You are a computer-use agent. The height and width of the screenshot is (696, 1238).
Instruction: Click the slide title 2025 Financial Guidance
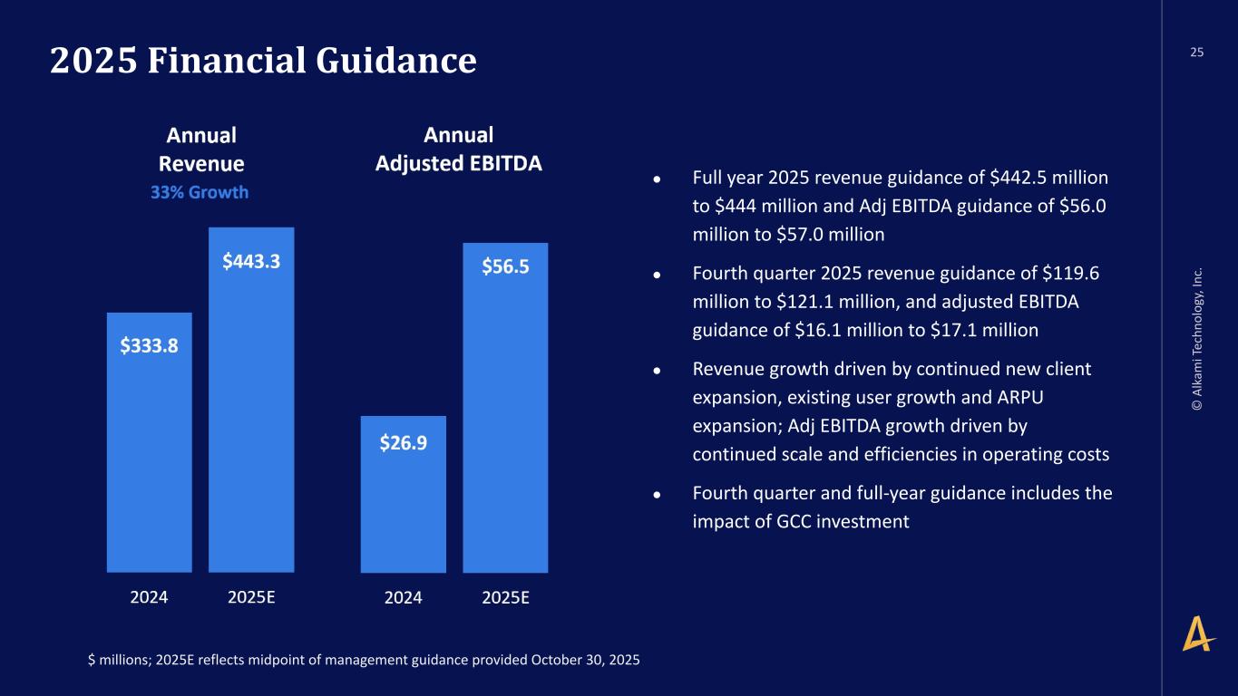point(263,61)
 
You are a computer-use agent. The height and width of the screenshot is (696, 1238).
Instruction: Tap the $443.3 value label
point(251,261)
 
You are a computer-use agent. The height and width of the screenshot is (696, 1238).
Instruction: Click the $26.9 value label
point(404,443)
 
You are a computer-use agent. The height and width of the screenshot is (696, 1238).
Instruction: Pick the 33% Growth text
point(200,192)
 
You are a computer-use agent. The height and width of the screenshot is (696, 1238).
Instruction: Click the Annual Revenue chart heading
point(201,150)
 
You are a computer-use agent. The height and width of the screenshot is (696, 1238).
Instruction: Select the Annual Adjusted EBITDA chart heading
point(459,150)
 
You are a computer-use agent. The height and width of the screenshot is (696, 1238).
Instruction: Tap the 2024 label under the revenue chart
point(149,597)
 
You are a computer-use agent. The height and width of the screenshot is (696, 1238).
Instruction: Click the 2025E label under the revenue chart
point(251,597)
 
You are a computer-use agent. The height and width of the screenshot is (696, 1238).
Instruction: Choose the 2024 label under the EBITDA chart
point(403,597)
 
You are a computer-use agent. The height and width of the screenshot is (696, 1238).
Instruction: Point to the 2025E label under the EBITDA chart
point(505,597)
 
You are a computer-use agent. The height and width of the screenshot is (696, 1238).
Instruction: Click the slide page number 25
point(1197,53)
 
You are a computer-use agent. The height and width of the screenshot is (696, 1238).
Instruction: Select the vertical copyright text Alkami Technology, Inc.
point(1198,340)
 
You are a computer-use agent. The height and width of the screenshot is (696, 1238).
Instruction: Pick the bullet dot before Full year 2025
point(668,179)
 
